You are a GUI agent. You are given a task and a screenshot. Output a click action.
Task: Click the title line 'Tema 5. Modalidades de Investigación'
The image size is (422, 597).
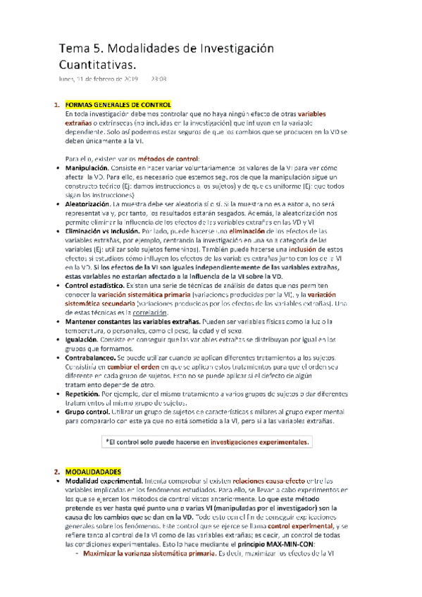(165, 49)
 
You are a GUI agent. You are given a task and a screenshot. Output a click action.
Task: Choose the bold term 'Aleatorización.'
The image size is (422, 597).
(89, 203)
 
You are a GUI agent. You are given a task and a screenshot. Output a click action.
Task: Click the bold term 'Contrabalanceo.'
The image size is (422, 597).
(92, 358)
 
